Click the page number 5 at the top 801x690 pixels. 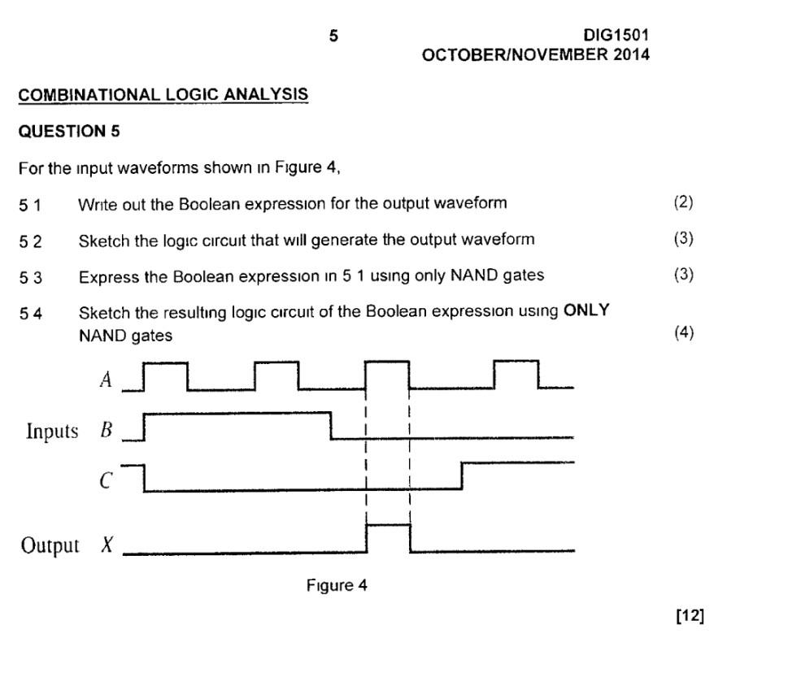pos(333,36)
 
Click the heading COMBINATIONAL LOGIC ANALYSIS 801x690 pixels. pos(163,94)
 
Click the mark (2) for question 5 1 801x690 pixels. pos(683,202)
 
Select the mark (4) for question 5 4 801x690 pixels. pos(684,332)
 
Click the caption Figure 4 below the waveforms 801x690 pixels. pos(337,585)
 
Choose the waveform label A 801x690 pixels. pos(106,380)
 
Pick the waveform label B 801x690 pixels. pos(106,430)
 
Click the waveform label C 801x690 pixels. pos(106,481)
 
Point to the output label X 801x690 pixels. pos(107,545)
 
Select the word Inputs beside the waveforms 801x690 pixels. pos(52,431)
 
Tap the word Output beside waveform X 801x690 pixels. pos(50,545)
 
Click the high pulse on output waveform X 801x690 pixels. pos(389,526)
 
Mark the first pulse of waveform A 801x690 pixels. pos(166,362)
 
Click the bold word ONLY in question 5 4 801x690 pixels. pos(586,311)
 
